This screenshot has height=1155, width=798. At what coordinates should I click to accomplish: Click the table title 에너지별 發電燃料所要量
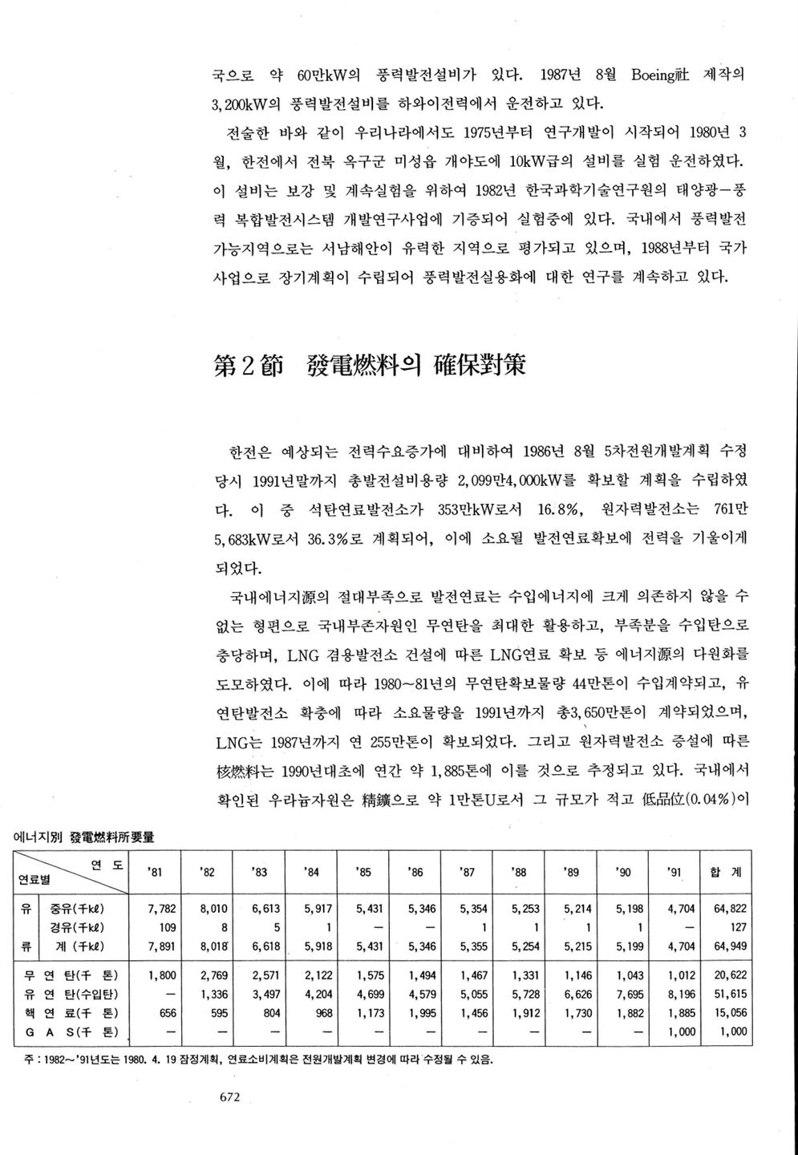pyautogui.click(x=86, y=837)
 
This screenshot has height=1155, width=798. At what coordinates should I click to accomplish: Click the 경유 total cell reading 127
pyautogui.click(x=739, y=927)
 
